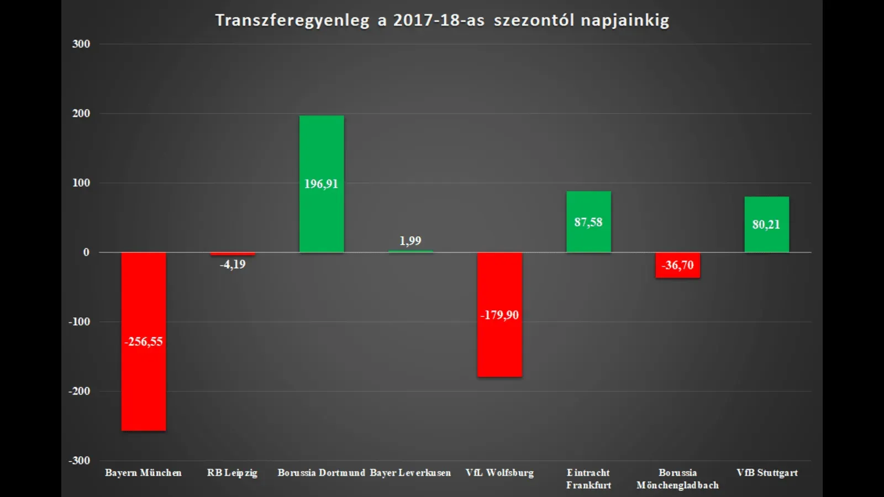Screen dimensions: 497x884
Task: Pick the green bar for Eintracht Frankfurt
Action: pos(588,204)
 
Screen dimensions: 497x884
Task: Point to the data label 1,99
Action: pos(410,241)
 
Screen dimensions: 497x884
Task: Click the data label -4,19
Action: pos(233,265)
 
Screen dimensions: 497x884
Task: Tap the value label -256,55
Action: pos(144,342)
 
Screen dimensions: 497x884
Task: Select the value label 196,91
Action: pos(321,184)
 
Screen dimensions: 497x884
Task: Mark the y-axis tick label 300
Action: pos(81,44)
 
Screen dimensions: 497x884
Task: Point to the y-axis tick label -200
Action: pos(79,391)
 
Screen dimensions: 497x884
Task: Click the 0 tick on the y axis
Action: pos(86,252)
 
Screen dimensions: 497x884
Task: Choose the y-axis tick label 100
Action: pos(81,183)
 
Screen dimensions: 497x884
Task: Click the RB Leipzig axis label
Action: pos(232,473)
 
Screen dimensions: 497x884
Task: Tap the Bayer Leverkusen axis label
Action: pos(410,473)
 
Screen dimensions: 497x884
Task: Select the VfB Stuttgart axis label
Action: pos(767,473)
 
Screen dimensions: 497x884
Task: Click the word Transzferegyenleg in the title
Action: pos(292,20)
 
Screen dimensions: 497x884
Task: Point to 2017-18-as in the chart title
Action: pos(439,20)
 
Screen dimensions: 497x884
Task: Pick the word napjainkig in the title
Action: pos(625,20)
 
